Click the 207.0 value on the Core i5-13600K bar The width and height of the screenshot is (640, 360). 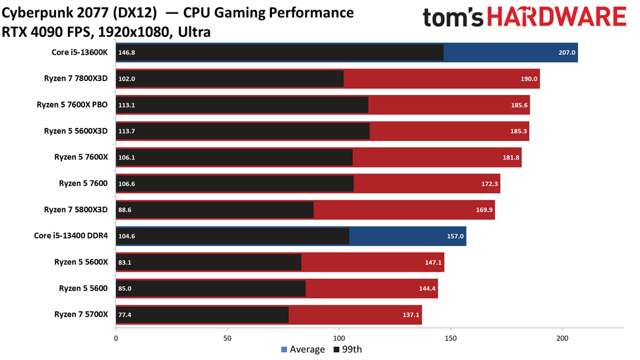pos(567,53)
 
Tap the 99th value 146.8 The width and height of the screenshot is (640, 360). pos(126,53)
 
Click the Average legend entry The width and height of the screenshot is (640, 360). pos(304,349)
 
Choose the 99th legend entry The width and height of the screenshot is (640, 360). pos(352,349)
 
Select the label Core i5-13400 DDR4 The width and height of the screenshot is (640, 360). pos(71,235)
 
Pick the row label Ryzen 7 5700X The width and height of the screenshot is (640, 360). pos(80,315)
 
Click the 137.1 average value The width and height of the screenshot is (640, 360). pos(410,315)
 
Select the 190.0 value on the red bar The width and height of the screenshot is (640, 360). pos(529,79)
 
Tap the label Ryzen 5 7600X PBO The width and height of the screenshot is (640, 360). pos(75,105)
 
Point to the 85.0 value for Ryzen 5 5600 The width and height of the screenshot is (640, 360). pos(125,288)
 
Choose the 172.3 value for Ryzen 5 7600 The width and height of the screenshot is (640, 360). pos(489,184)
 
